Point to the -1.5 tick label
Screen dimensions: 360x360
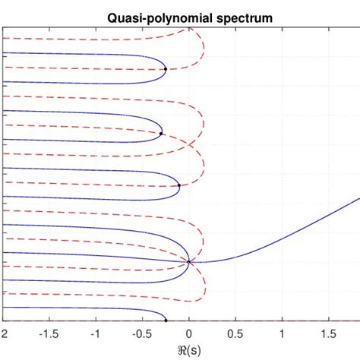point(49,334)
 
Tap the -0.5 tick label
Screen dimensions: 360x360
point(141,334)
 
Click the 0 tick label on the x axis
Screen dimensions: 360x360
point(189,334)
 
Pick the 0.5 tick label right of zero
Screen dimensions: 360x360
point(235,334)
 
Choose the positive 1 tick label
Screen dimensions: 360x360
point(283,334)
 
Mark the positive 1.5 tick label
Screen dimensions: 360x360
point(329,334)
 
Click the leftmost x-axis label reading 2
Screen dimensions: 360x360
point(5,334)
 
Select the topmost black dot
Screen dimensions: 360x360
point(166,69)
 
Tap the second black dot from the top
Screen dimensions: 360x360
point(161,134)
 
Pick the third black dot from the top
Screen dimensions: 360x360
point(179,185)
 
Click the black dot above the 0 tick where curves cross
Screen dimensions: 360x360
point(189,262)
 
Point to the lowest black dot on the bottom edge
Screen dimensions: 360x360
point(166,321)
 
